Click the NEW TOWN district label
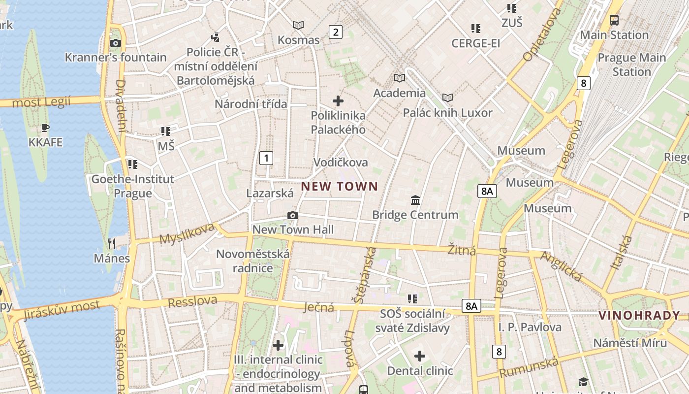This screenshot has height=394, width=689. coord(339,187)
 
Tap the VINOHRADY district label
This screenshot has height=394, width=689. coord(639,316)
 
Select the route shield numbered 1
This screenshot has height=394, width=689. coord(266,158)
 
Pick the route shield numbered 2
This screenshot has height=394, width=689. coord(335,33)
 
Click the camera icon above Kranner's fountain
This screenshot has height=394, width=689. coord(116,43)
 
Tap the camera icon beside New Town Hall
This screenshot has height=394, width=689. coord(293,216)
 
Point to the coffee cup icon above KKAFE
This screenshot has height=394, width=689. coord(45,129)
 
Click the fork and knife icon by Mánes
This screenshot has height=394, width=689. coord(112,243)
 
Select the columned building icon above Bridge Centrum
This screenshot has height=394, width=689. coord(415,200)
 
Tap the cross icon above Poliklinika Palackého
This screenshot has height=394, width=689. coord(338,101)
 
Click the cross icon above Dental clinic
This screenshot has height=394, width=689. coord(420,356)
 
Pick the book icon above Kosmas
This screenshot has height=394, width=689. coord(298,25)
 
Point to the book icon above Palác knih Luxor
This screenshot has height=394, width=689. coord(447,98)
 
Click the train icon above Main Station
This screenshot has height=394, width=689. coord(614,20)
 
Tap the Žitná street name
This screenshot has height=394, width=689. coord(462,250)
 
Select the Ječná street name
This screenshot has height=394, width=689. coord(318,308)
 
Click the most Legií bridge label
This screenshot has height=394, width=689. coord(41,102)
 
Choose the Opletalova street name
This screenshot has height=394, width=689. coord(542,34)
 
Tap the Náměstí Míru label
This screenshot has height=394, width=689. coord(630,343)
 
